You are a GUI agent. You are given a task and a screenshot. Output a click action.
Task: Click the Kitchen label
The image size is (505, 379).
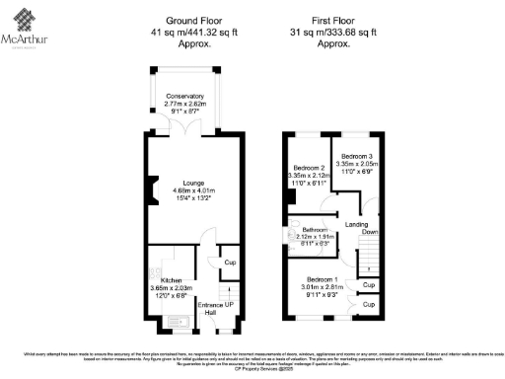(171, 280)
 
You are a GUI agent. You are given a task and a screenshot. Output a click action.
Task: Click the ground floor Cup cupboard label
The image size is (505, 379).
(229, 263)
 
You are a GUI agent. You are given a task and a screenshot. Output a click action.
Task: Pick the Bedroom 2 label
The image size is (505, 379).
(309, 169)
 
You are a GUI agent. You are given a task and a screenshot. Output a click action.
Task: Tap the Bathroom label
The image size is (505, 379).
(314, 229)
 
